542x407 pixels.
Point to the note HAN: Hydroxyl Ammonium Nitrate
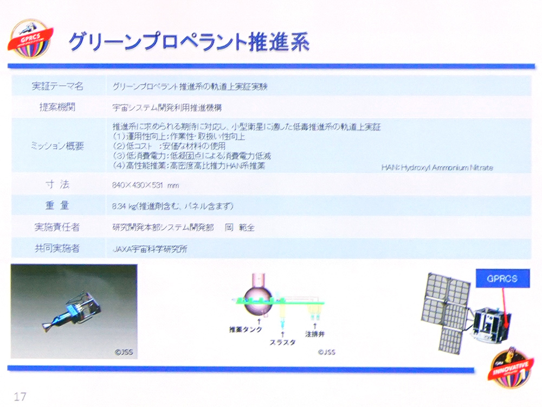pos(437,168)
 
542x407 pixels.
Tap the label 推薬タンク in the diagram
pos(246,329)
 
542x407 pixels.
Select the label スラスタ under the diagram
pos(281,342)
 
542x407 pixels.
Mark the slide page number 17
pos(21,395)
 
